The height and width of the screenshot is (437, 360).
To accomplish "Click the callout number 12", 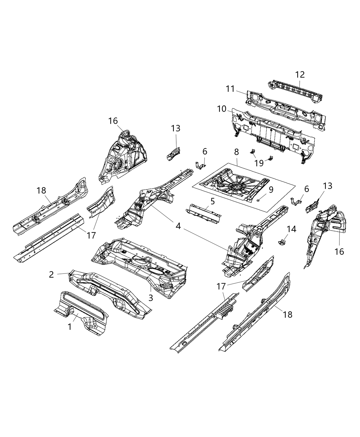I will [x=300, y=75].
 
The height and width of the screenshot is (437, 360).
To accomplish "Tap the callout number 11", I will [x=230, y=89].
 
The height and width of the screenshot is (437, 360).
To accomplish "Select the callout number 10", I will [x=221, y=109].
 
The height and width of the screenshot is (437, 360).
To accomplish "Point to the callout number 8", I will [x=237, y=151].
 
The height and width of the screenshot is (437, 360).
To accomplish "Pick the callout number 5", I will [x=213, y=202].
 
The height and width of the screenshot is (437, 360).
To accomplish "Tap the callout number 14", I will [x=291, y=229].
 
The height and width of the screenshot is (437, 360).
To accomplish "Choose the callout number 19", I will [x=260, y=163].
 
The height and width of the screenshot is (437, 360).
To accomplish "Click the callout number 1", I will [x=70, y=327].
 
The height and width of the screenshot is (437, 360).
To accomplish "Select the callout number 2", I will [x=51, y=275].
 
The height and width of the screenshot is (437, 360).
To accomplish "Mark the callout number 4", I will [x=178, y=226].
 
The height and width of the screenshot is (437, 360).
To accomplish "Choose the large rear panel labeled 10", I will [x=274, y=132].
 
